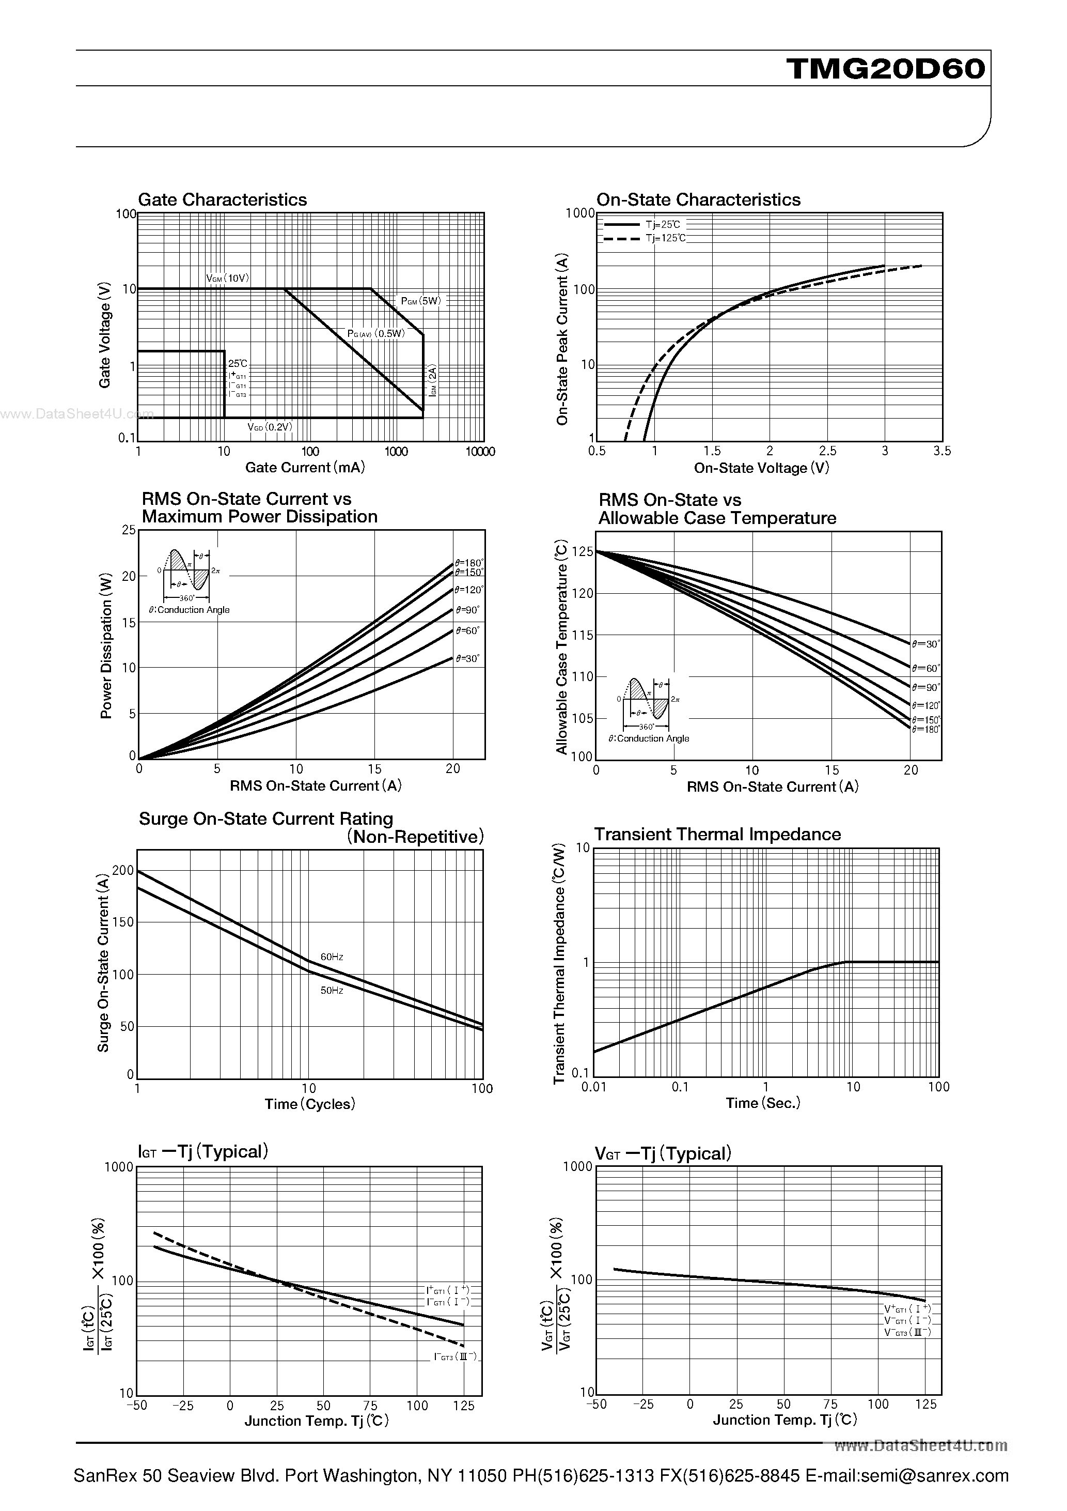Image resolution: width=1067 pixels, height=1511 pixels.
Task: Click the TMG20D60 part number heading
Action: pyautogui.click(x=885, y=68)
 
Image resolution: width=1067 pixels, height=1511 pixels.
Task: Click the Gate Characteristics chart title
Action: pyautogui.click(x=223, y=200)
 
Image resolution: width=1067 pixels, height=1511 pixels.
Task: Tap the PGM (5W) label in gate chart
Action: pyautogui.click(x=421, y=301)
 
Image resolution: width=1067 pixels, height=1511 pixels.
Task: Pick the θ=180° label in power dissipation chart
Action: pyautogui.click(x=468, y=563)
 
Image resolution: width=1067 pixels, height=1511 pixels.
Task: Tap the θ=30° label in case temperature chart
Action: pyautogui.click(x=925, y=644)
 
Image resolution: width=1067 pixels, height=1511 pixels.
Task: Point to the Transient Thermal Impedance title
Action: pyautogui.click(x=717, y=835)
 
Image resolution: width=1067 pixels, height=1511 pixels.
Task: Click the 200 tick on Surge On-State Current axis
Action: pyautogui.click(x=123, y=871)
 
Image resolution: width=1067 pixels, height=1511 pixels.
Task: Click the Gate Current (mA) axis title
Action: pyautogui.click(x=305, y=468)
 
